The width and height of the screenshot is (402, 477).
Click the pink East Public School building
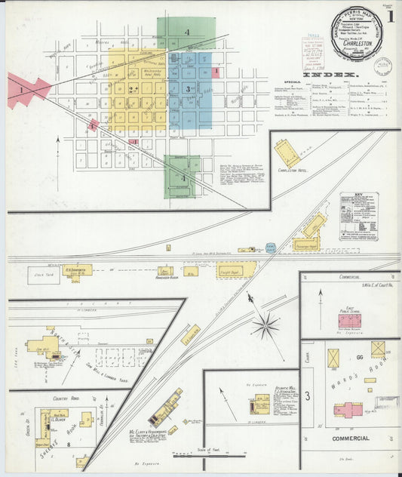(349, 320)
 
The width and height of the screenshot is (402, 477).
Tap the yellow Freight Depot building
(237, 269)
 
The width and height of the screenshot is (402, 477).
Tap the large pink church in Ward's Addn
(348, 411)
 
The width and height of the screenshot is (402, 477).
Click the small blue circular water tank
(271, 246)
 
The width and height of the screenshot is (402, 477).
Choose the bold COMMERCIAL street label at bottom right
(350, 438)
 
